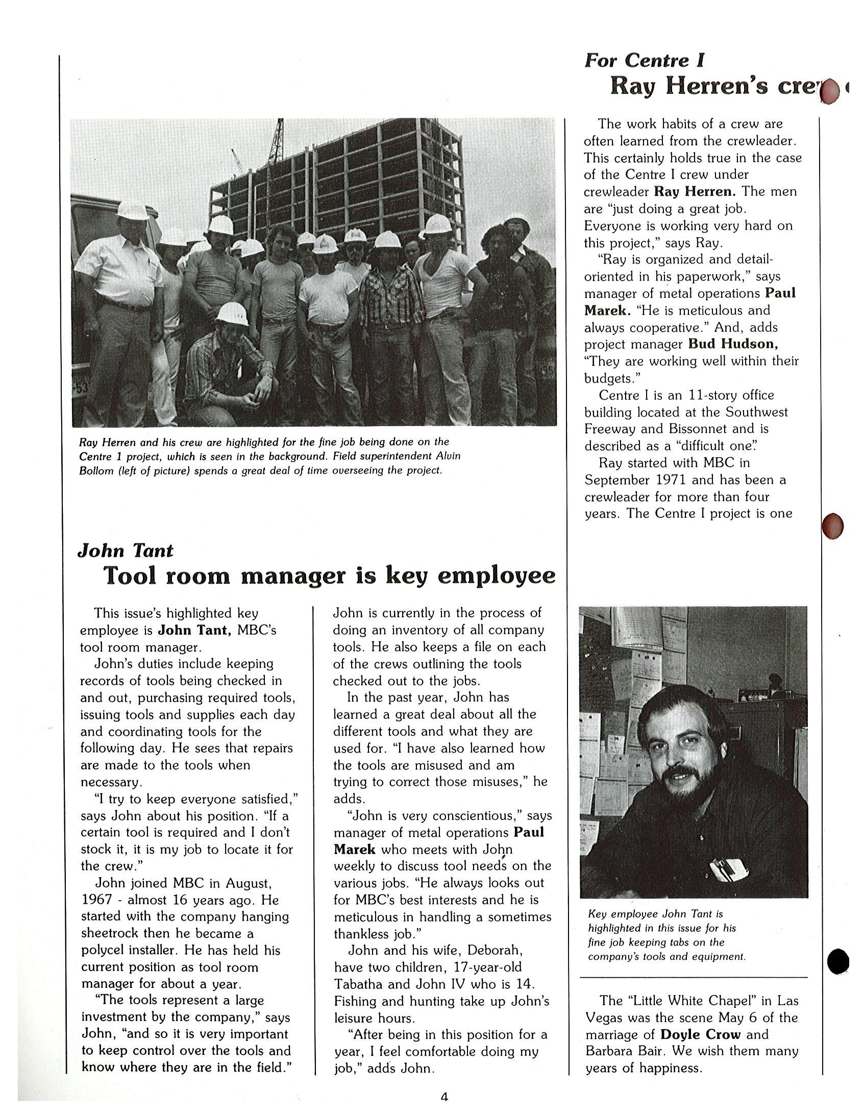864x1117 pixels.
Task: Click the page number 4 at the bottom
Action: [444, 1097]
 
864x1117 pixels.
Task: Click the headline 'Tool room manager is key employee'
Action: [329, 576]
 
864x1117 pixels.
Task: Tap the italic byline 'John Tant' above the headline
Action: [126, 551]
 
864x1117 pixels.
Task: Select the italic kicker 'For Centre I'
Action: [644, 61]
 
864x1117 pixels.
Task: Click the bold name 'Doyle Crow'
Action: [700, 1034]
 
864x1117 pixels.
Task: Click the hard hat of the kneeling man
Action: [232, 313]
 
